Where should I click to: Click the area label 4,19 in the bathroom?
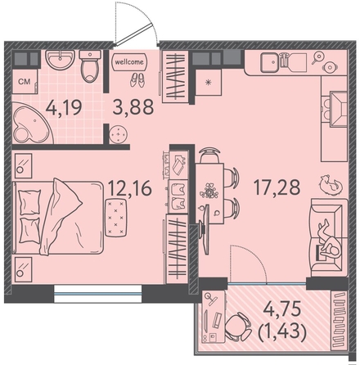click(64, 108)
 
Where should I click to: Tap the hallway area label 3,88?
click(133, 107)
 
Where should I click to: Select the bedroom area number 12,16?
click(130, 188)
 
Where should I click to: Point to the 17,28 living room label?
click(277, 187)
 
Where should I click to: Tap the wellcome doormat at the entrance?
click(129, 62)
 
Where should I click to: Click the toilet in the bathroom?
click(90, 66)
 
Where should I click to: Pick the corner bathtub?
click(32, 124)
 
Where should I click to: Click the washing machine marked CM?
click(25, 82)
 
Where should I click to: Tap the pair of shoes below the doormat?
click(137, 80)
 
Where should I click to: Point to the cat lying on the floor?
click(330, 184)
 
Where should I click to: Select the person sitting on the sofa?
click(330, 240)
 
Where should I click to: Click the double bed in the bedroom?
click(58, 217)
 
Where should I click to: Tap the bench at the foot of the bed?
click(116, 218)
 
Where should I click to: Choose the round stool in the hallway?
click(118, 134)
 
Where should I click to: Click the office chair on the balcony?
click(238, 327)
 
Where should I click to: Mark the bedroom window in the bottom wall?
click(98, 294)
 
